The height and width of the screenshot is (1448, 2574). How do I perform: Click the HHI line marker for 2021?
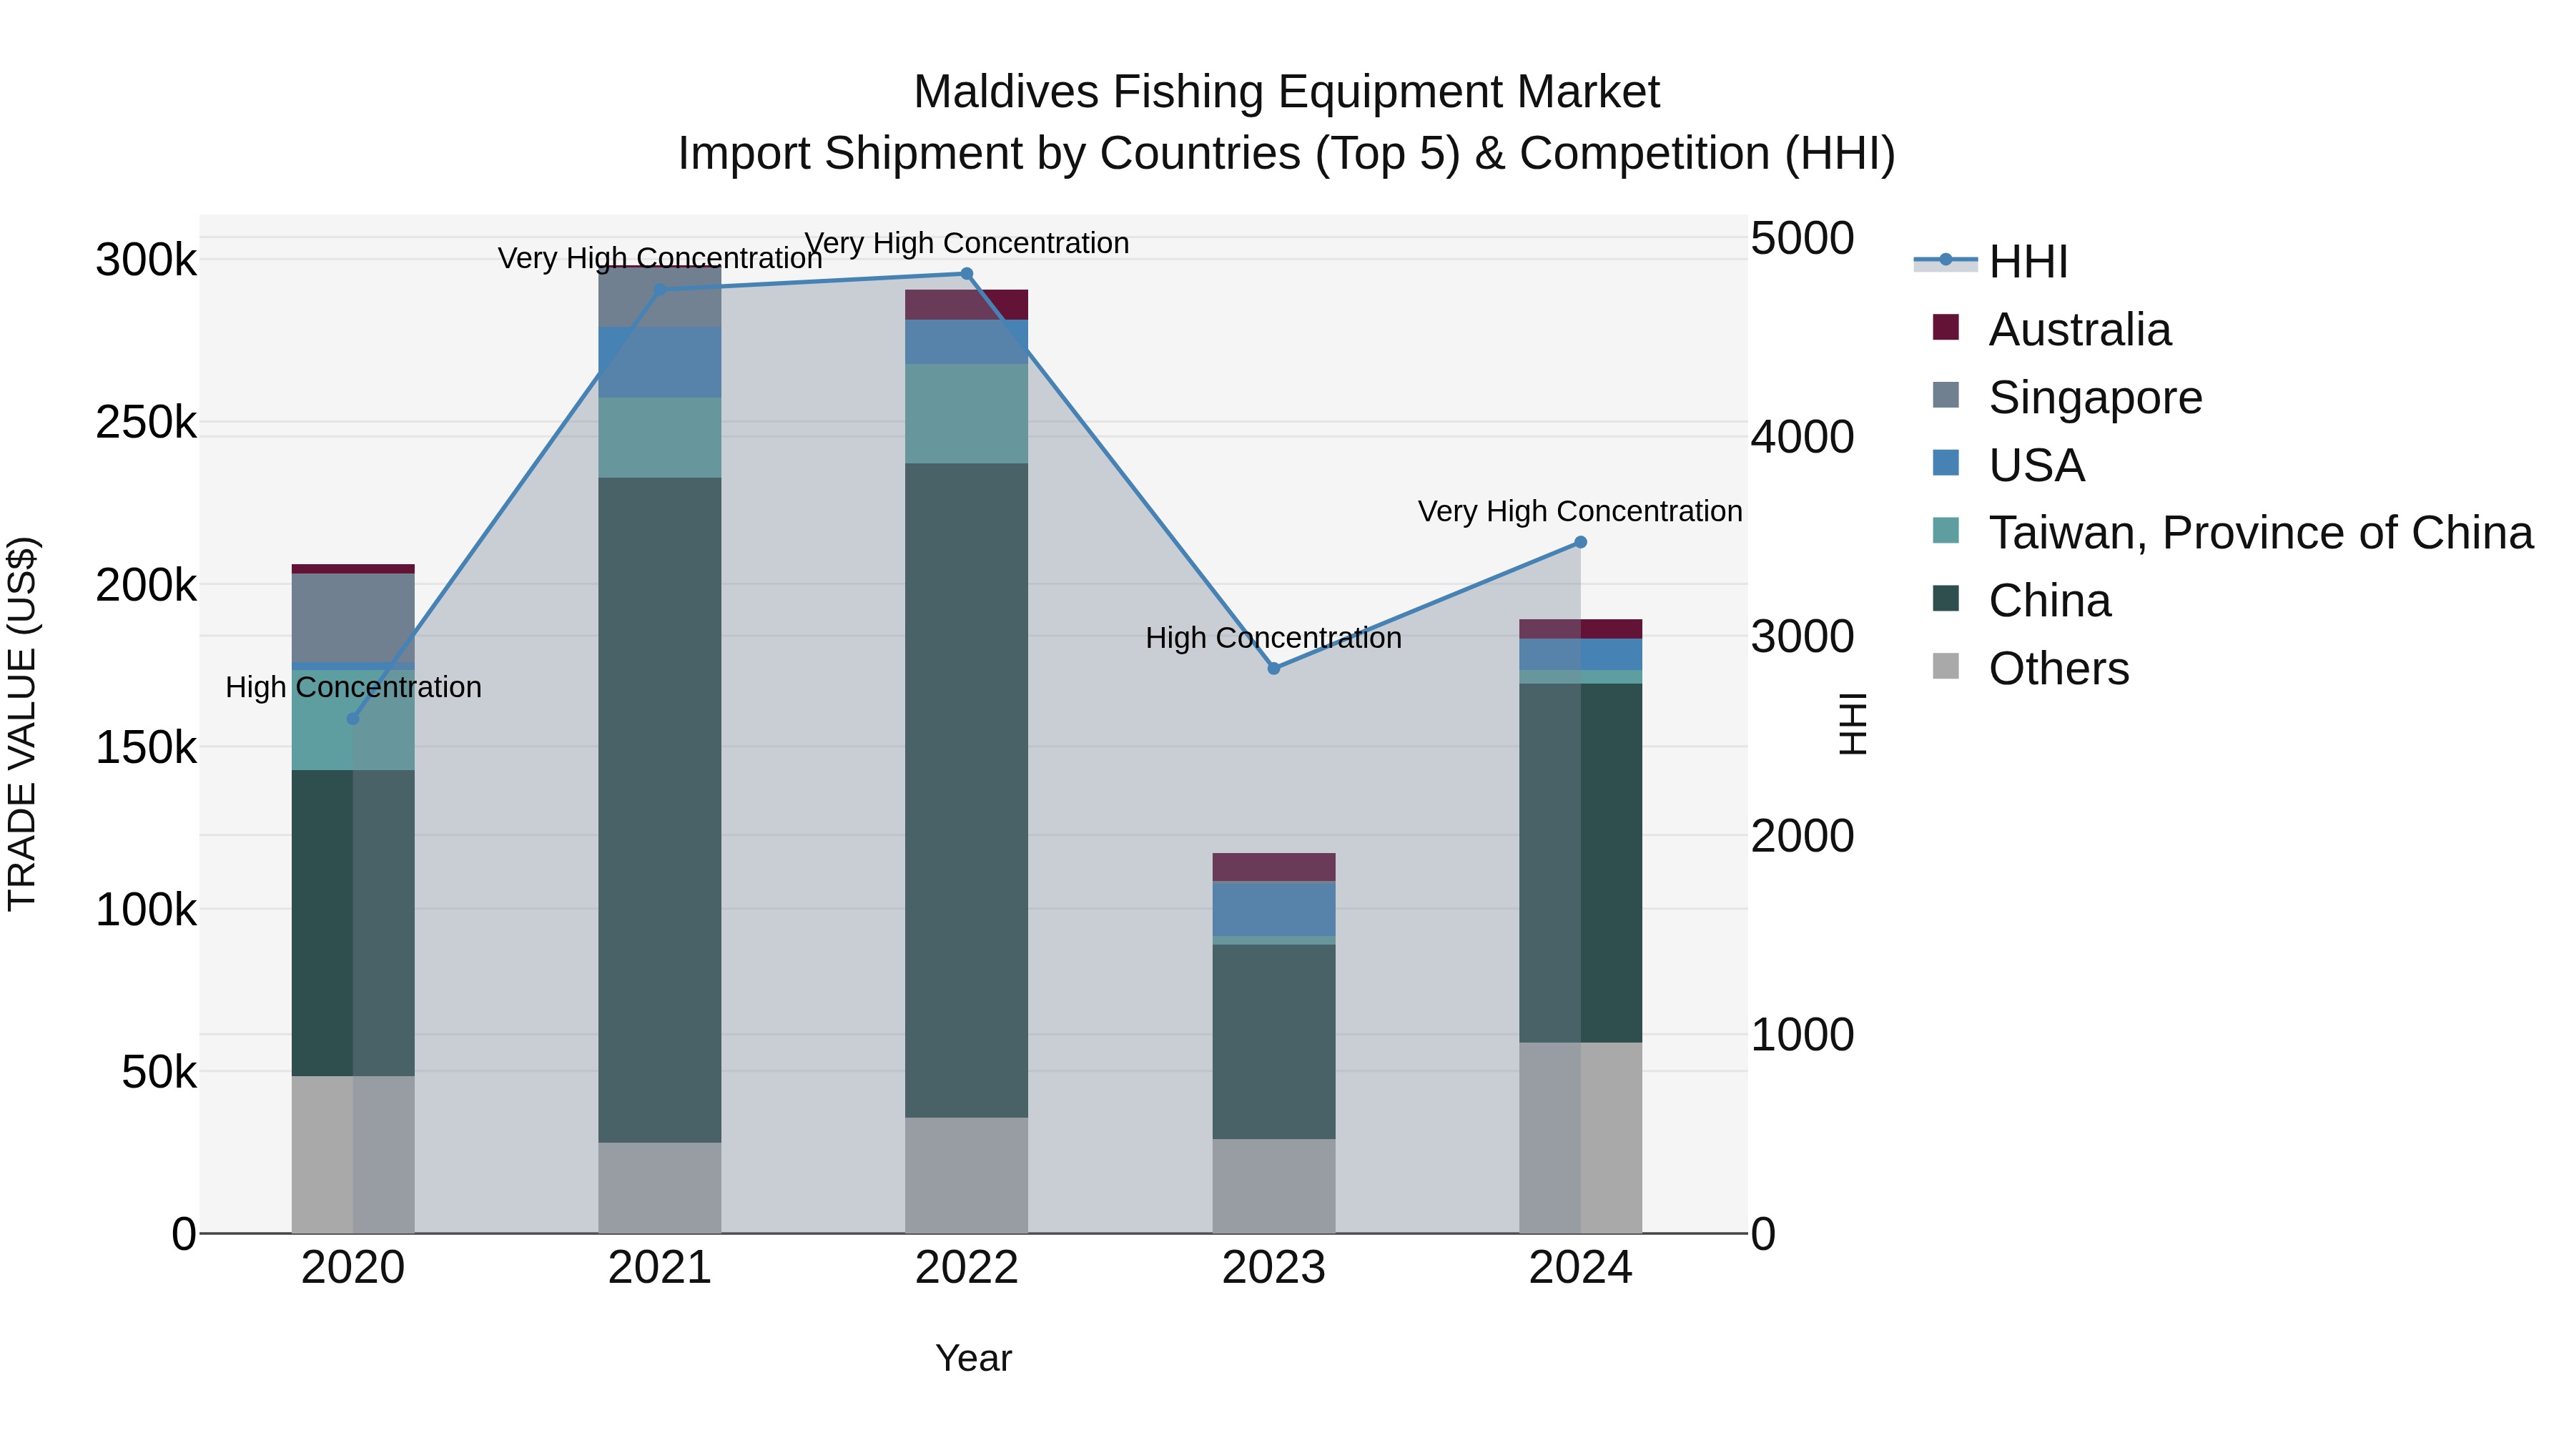click(659, 290)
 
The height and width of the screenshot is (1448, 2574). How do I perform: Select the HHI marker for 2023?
click(1273, 669)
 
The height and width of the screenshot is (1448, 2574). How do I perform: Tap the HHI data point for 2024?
click(1579, 543)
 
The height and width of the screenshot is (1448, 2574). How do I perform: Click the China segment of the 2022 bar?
click(966, 789)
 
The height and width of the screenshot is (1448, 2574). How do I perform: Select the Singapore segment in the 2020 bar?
click(352, 618)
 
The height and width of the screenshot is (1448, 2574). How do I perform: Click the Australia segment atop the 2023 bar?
click(1273, 867)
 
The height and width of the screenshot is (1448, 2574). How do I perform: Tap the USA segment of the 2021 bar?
click(659, 362)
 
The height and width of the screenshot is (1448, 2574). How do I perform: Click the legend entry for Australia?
click(2079, 330)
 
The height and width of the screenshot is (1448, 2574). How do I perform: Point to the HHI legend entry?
click(2028, 262)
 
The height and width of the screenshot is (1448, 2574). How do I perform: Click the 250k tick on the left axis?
click(146, 423)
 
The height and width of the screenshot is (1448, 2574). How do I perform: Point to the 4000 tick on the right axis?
click(1802, 438)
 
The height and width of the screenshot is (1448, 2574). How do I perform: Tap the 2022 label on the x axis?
click(966, 1268)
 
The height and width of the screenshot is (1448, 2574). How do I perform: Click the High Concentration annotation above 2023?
click(1273, 638)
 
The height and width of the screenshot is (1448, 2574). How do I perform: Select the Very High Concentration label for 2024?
click(1579, 512)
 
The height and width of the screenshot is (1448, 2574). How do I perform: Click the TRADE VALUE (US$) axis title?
click(23, 724)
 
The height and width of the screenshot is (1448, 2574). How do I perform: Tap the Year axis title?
click(973, 1358)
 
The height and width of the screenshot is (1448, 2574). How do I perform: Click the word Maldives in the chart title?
click(1006, 92)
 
